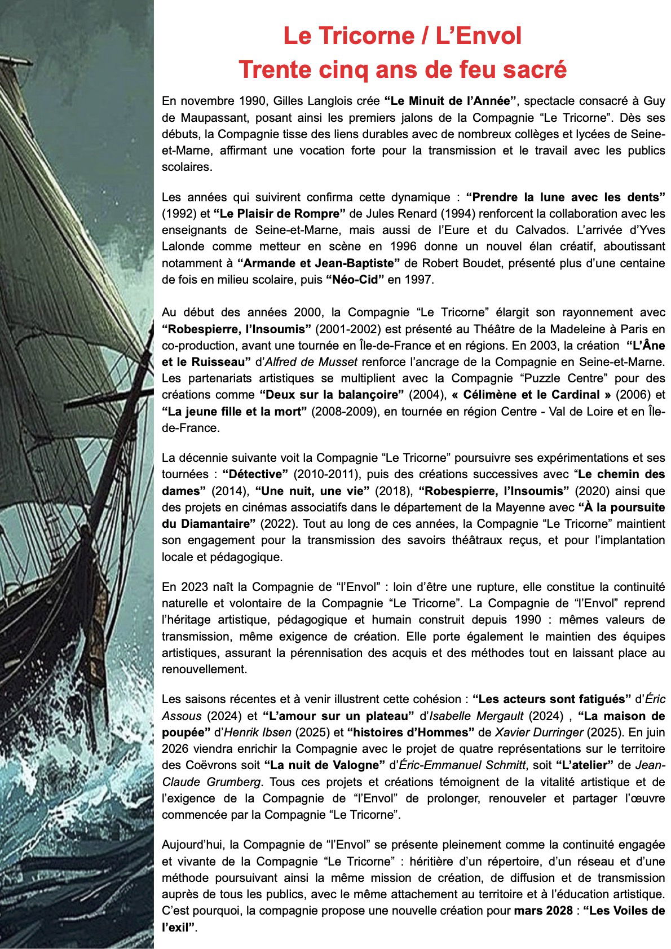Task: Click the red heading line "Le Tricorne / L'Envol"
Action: (x=402, y=36)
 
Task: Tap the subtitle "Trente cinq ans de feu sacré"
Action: (x=402, y=69)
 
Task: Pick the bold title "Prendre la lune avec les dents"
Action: (x=566, y=197)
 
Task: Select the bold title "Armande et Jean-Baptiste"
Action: (x=319, y=263)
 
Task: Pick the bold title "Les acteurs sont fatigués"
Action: (x=551, y=699)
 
